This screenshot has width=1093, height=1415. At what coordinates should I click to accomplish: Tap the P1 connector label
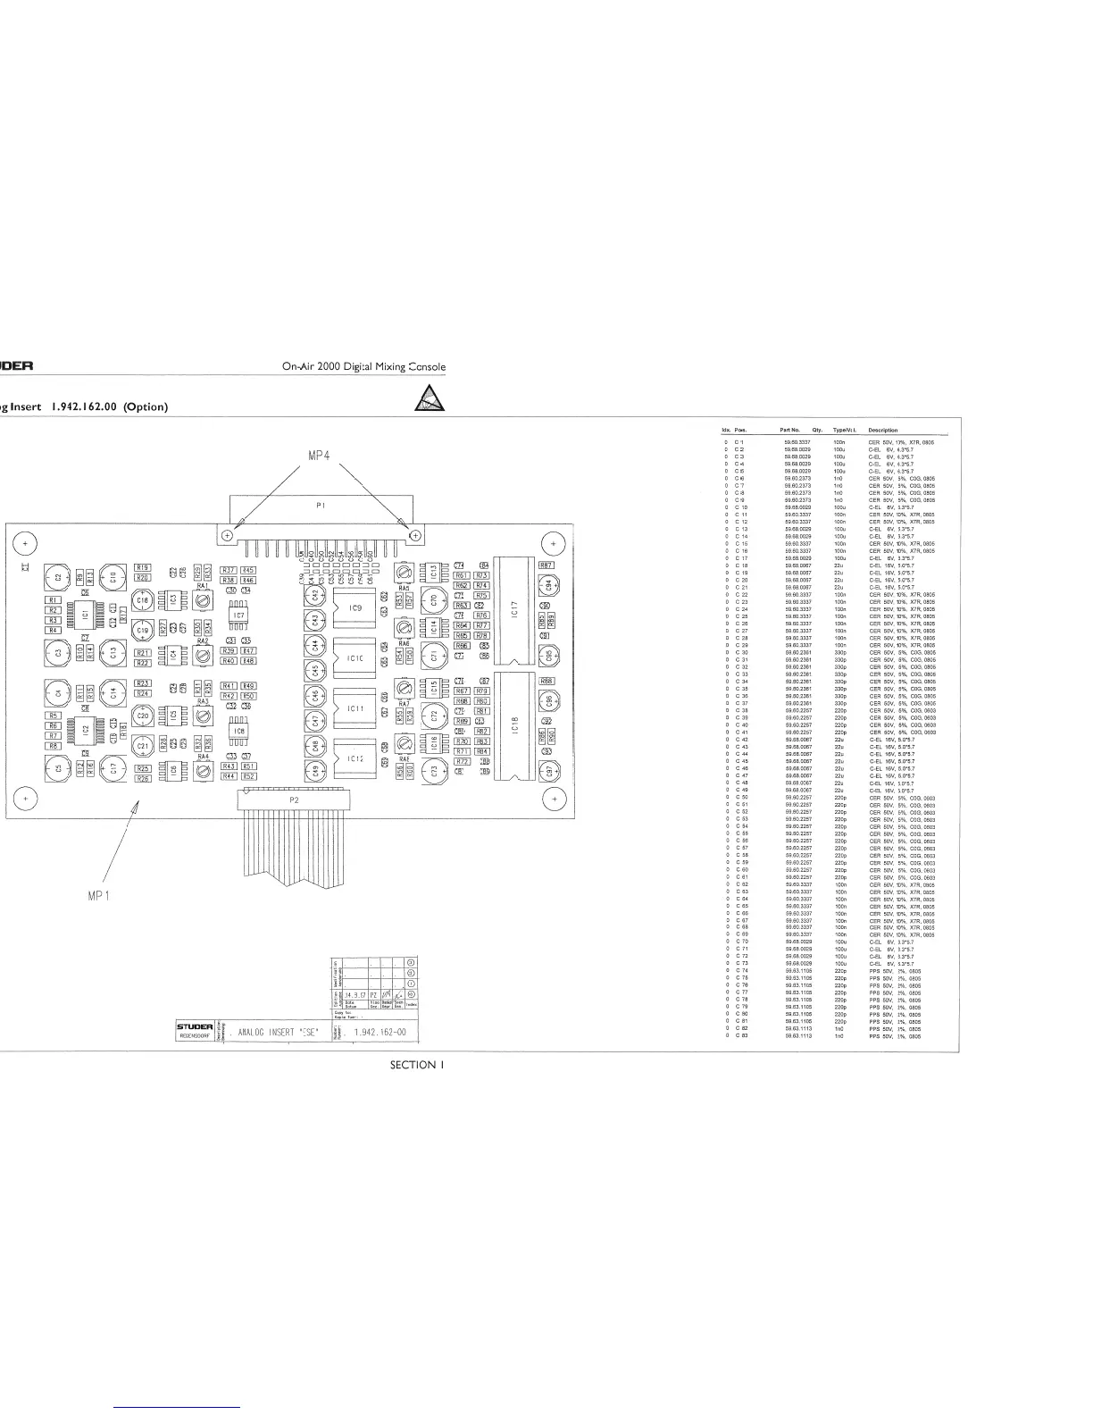click(x=321, y=505)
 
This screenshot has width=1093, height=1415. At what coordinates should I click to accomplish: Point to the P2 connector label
click(x=296, y=800)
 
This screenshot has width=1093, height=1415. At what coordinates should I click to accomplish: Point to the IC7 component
click(x=238, y=615)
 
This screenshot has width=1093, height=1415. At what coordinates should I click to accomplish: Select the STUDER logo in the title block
click(x=194, y=1027)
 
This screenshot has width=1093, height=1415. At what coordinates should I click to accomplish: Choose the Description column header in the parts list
click(x=883, y=431)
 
